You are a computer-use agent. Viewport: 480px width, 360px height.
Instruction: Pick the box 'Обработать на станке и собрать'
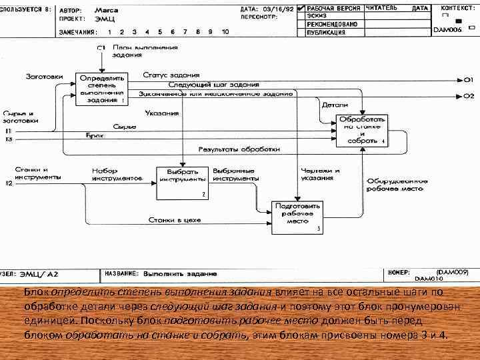pyautogui.click(x=361, y=129)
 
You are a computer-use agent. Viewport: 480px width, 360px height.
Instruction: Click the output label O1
pyautogui.click(x=469, y=79)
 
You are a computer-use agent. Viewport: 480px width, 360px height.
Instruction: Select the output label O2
pyautogui.click(x=469, y=96)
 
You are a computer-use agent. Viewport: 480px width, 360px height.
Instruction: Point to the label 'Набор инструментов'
pyautogui.click(x=117, y=175)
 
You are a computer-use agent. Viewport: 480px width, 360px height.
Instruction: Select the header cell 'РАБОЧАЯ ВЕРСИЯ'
pyautogui.click(x=334, y=9)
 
